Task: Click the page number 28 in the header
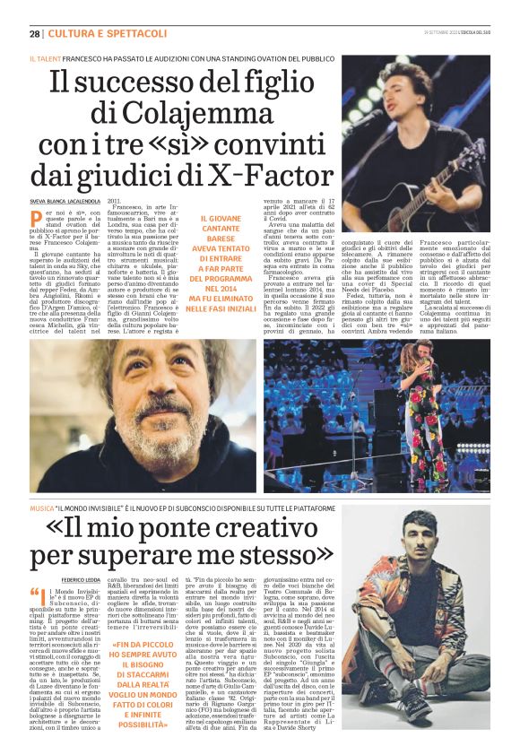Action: (x=34, y=34)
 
